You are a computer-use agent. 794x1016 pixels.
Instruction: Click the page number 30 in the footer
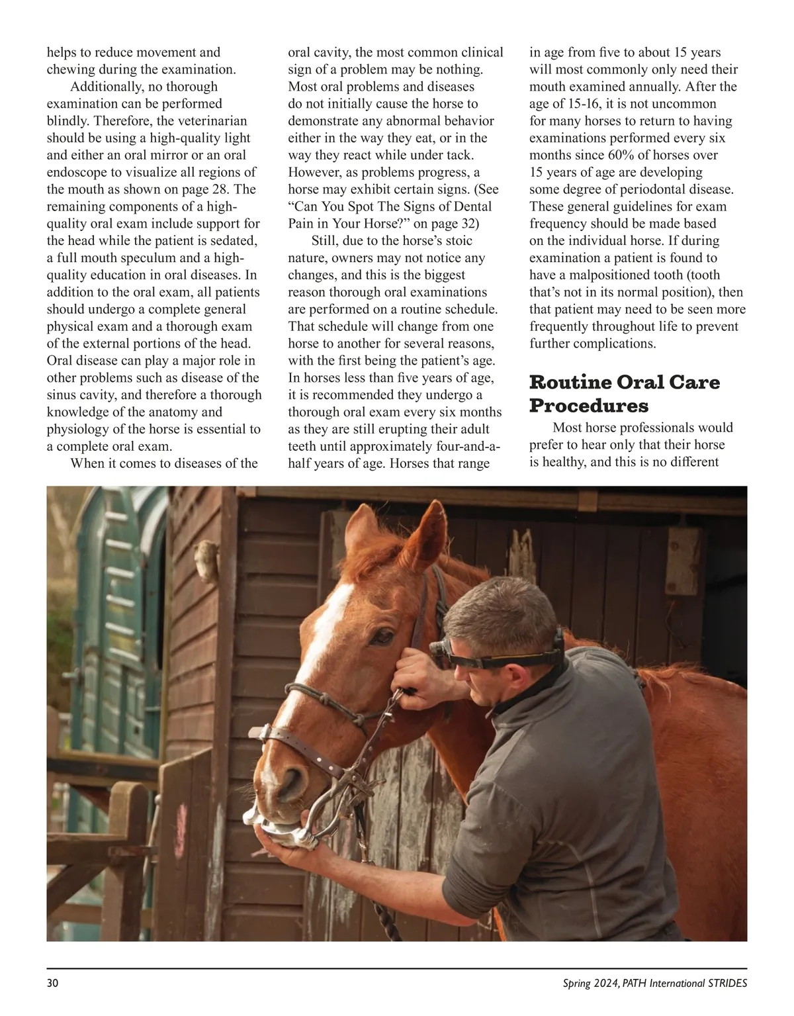coord(53,983)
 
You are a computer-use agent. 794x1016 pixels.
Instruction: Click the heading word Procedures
coord(589,404)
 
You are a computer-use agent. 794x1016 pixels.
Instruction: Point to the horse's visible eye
coord(382,637)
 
